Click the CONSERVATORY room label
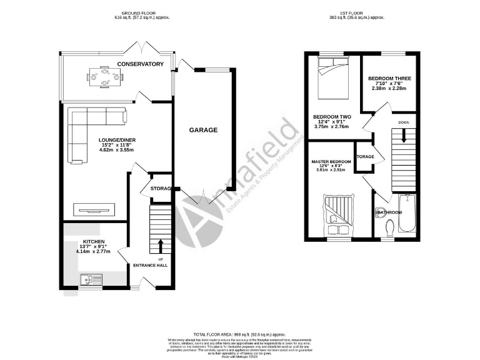coord(140,64)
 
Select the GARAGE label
coord(204,130)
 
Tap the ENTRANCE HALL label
coord(150,266)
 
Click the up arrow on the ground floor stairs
coord(161,244)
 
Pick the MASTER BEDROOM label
coord(331,162)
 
